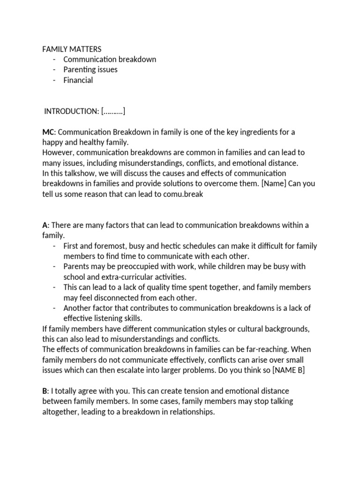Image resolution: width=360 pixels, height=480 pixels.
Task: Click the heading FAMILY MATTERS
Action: (x=72, y=49)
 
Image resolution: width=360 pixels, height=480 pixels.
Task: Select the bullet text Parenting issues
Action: (x=90, y=69)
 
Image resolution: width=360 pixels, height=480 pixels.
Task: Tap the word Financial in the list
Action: (x=78, y=80)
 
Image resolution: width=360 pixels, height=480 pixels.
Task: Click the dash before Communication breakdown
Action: (x=55, y=59)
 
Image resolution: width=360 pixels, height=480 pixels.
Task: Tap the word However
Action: (x=57, y=152)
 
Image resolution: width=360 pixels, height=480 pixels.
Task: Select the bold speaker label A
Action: (x=45, y=225)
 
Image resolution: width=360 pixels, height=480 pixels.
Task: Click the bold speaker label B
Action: (x=45, y=391)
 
